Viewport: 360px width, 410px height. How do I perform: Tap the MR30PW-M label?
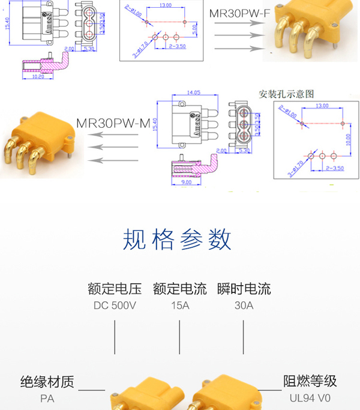[x=113, y=123]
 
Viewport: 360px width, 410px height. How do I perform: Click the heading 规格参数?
[x=178, y=240]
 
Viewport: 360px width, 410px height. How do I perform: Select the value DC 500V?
[x=115, y=306]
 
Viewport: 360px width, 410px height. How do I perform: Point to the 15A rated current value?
[x=180, y=306]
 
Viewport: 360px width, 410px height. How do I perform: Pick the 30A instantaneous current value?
[x=244, y=306]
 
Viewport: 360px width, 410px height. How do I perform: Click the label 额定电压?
[x=115, y=289]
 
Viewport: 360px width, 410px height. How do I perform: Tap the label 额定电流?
[x=180, y=289]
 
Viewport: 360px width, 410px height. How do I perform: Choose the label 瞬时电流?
[x=244, y=289]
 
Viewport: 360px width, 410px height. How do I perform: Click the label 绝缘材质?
[x=47, y=382]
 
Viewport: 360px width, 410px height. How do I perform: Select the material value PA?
[x=47, y=397]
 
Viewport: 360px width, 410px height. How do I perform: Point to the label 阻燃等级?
[x=310, y=381]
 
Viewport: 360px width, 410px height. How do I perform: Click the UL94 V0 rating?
[x=310, y=397]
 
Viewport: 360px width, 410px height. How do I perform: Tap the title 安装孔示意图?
[x=286, y=94]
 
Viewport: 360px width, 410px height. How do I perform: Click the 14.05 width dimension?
[x=193, y=93]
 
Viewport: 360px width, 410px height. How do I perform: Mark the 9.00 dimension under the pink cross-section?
[x=186, y=181]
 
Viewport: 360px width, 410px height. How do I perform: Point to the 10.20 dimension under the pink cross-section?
[x=37, y=77]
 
